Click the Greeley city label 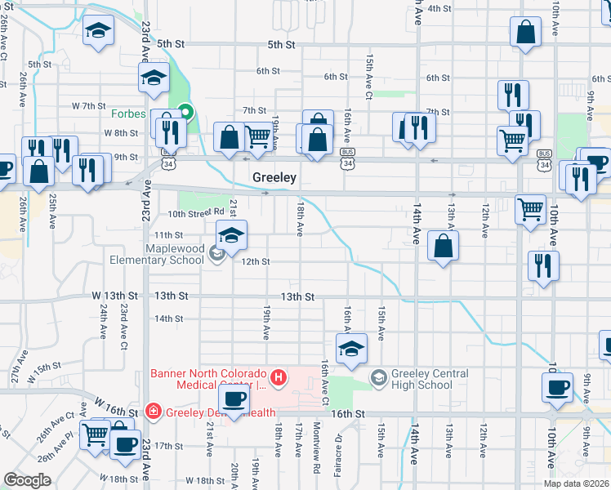coord(274,177)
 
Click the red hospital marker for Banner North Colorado coord(279,377)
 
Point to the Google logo coord(27,480)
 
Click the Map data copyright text coord(577,483)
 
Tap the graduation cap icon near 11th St coord(231,235)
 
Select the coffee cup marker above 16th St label coord(234,399)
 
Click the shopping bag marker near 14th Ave coord(443,246)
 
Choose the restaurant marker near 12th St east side coord(540,265)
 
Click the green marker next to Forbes coord(186,113)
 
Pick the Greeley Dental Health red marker coord(152,410)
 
